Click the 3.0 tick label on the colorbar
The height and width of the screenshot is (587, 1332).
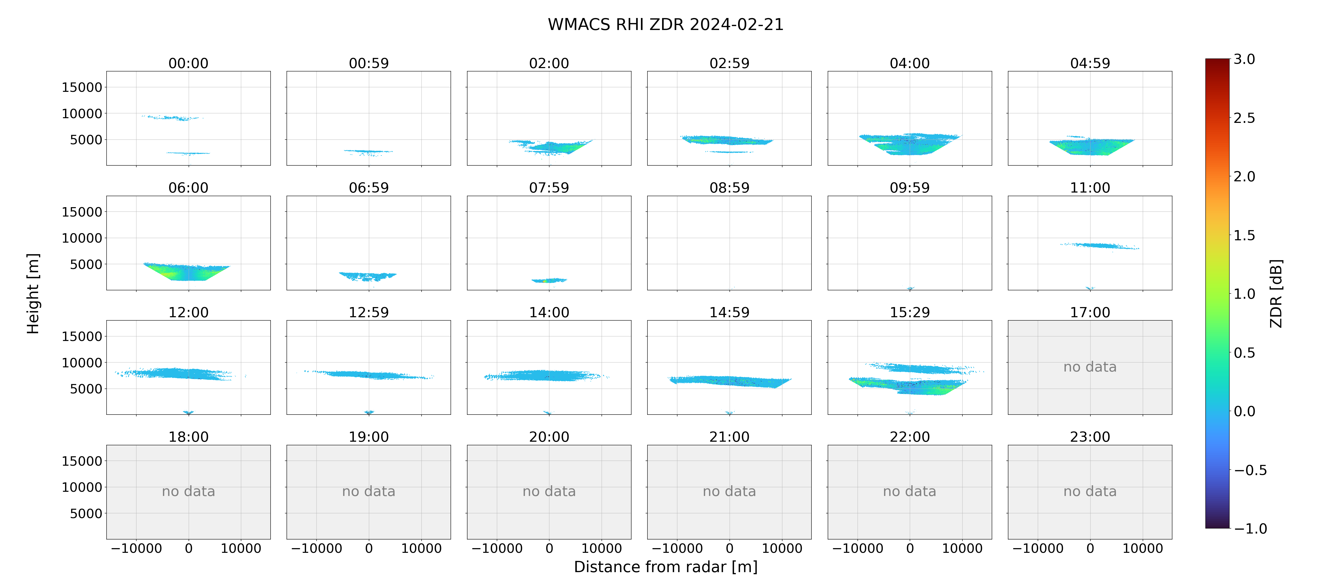point(1244,59)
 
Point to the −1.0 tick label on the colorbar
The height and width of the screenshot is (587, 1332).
point(1250,529)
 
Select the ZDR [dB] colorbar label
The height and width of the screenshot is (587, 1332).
point(1276,293)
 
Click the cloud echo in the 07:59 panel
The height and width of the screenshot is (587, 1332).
point(549,280)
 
